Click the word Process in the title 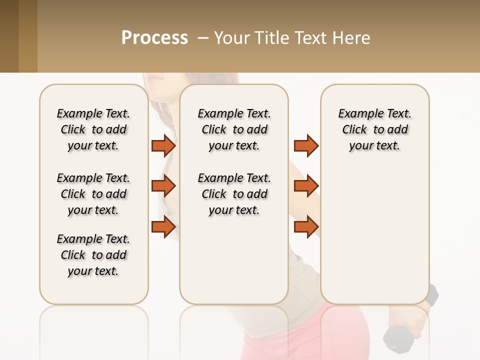[x=154, y=38]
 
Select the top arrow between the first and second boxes [x=163, y=145]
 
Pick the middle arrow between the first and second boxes [x=163, y=186]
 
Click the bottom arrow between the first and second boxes [x=163, y=226]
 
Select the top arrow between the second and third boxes [x=306, y=145]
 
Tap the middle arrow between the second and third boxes [x=306, y=186]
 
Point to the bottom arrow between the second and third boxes [x=306, y=226]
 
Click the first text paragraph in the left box [x=93, y=129]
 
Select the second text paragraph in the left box [x=93, y=194]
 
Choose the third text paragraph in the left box [x=93, y=255]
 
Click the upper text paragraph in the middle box [x=234, y=129]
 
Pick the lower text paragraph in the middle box [x=234, y=194]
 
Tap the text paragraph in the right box [x=374, y=129]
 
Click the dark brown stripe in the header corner [x=9, y=36]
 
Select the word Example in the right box [x=358, y=114]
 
